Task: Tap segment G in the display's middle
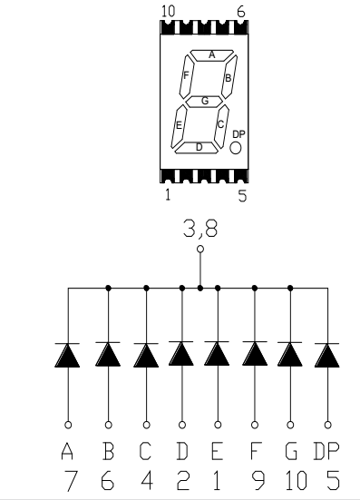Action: [x=204, y=102]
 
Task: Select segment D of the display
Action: [x=197, y=148]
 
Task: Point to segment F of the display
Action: [x=186, y=76]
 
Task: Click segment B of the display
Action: [x=229, y=76]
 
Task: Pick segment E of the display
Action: [x=179, y=127]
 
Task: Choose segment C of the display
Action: [x=221, y=125]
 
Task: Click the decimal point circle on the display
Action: [x=236, y=148]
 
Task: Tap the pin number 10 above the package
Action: [x=169, y=12]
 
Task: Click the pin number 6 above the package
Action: [x=241, y=12]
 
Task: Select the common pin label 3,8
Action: [x=200, y=229]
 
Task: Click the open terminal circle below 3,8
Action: [x=200, y=249]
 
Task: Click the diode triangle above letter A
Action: [x=67, y=355]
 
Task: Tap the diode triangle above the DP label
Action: [x=327, y=355]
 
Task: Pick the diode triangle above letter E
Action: [x=217, y=353]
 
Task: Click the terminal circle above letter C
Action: [x=146, y=425]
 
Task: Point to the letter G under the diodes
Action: [x=291, y=451]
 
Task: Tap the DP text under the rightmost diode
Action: [x=326, y=451]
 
